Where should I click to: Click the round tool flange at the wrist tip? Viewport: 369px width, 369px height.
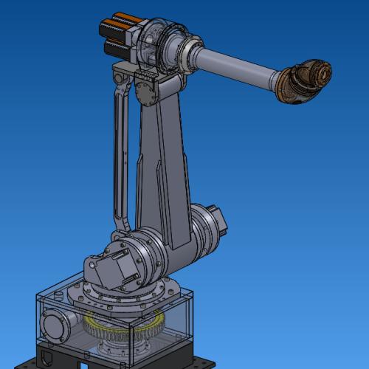click(322, 74)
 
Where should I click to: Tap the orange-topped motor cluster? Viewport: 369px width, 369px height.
click(114, 37)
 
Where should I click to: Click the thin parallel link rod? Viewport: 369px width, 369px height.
click(117, 155)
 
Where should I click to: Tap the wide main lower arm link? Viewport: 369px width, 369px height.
click(164, 170)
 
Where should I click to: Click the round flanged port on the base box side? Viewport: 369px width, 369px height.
click(55, 325)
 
